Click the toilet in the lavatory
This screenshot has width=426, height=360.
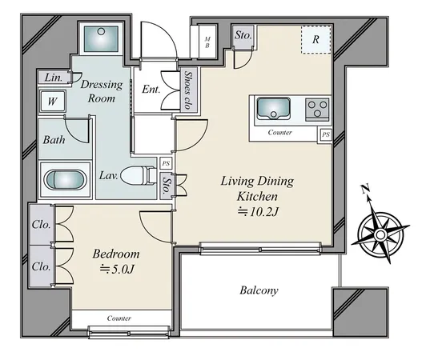[x=139, y=176]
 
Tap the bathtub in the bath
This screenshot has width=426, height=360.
[x=65, y=179]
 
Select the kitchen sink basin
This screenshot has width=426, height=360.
[x=273, y=109]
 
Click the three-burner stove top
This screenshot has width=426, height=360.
[x=317, y=110]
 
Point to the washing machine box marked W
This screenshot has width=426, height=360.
[x=53, y=102]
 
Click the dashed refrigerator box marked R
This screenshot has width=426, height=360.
[x=316, y=40]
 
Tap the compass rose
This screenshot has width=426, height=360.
[x=380, y=234]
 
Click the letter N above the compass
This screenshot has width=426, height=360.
[x=365, y=189]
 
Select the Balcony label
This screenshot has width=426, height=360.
[x=259, y=290]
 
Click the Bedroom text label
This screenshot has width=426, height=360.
[x=116, y=254]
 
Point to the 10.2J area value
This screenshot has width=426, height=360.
[x=259, y=212]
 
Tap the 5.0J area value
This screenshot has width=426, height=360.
[x=118, y=269]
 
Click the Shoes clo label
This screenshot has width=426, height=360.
[x=187, y=90]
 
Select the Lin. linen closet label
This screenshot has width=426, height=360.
[x=54, y=78]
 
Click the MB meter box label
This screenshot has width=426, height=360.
[x=207, y=42]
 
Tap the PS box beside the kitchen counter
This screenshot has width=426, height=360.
[x=326, y=134]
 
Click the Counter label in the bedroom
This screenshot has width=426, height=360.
[x=119, y=318]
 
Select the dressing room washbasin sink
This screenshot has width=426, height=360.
[x=101, y=38]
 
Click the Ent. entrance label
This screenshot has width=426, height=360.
[x=151, y=90]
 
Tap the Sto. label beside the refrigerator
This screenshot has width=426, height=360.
[x=243, y=35]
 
